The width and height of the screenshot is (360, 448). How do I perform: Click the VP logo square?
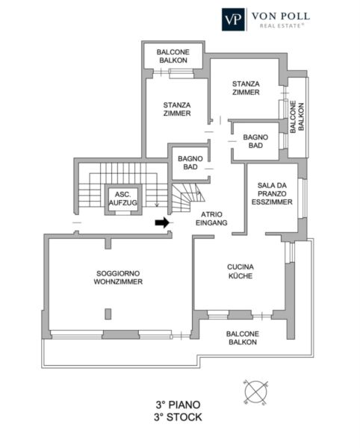tap(234, 19)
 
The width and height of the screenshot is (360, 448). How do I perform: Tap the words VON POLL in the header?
tap(281, 16)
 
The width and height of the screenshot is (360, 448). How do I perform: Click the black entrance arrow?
tap(162, 223)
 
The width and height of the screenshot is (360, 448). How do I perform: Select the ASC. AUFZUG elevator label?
tap(122, 199)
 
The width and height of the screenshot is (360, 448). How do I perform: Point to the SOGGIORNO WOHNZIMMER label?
tap(118, 278)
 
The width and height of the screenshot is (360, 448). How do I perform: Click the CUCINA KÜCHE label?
tap(240, 272)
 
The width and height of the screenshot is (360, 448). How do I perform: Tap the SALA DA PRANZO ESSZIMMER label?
tap(272, 193)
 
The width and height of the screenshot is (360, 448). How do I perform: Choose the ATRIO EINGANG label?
tap(211, 219)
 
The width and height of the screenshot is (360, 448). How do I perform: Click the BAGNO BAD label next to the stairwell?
tap(190, 163)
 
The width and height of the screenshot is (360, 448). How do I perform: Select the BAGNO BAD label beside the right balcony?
tap(255, 141)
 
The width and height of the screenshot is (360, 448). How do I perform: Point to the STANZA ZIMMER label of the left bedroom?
tap(177, 109)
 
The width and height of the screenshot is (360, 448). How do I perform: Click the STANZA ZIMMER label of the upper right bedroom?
tap(246, 88)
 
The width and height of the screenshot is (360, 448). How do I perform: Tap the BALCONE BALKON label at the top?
tap(173, 56)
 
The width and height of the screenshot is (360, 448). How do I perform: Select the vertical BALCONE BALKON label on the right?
tap(297, 116)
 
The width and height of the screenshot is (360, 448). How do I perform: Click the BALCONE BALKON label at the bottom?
tap(243, 338)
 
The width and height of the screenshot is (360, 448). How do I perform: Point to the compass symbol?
tap(256, 392)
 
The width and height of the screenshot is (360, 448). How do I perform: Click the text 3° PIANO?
tap(178, 405)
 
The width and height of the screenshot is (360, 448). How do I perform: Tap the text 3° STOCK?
tap(178, 417)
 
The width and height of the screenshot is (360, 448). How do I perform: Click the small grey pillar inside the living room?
tap(108, 314)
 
